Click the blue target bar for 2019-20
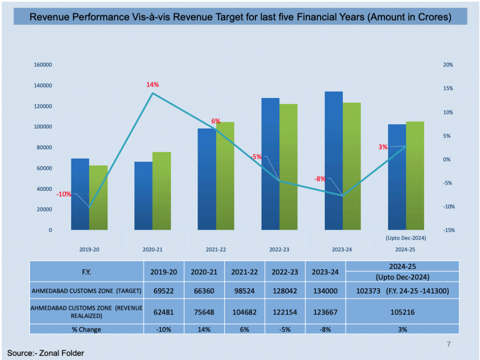coord(80,194)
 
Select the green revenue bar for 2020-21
coord(162,191)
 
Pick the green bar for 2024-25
coord(415,176)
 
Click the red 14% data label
coord(153,85)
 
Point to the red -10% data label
coord(64,194)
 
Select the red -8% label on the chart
coord(320,179)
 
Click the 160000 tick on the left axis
coord(43,65)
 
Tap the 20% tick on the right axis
coord(448,65)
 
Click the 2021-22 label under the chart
coord(216,249)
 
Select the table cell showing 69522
coord(164,291)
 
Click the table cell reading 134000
coord(325,291)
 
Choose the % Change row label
coord(87,330)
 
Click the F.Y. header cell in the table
coord(87,272)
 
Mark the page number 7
coord(449,345)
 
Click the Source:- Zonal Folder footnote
coord(45,353)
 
